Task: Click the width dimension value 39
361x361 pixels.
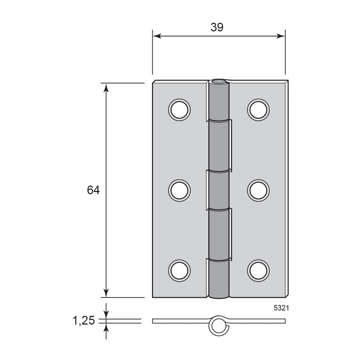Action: (217, 27)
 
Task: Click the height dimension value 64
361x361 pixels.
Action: (93, 190)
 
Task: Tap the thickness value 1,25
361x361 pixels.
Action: (84, 321)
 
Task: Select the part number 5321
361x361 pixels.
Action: (281, 308)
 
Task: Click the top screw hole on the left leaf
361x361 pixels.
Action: (179, 110)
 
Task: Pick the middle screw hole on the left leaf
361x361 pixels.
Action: (179, 190)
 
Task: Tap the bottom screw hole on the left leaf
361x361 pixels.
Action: (179, 270)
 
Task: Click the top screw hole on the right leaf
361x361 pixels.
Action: (258, 110)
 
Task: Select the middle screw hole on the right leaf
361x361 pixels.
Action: (258, 190)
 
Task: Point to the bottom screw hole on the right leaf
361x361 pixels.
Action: (258, 270)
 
